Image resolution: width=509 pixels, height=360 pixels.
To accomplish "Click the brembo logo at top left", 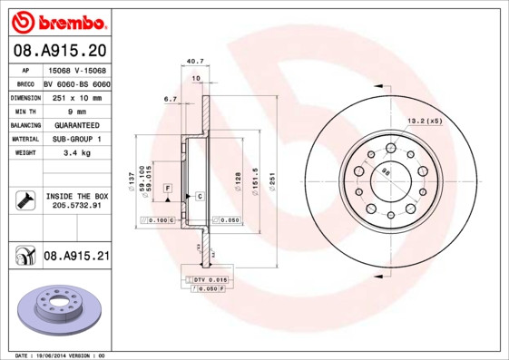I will click(x=59, y=21).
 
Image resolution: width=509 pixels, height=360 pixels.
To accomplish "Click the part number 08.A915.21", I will click(x=76, y=257).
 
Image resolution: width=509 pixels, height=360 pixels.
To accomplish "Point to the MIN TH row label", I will click(x=24, y=110).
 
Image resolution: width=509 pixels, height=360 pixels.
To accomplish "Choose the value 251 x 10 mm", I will click(x=76, y=96).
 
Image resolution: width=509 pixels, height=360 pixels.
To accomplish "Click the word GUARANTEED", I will click(x=76, y=124).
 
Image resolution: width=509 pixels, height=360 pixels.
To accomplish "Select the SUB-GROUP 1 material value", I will click(x=76, y=139).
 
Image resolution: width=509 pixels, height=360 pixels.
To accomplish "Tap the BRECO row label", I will click(x=24, y=82).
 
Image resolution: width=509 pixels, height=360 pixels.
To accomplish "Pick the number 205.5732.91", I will click(x=76, y=206).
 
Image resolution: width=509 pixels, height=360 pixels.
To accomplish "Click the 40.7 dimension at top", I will click(x=193, y=62).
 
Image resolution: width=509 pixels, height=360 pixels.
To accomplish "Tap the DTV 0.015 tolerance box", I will click(x=210, y=280).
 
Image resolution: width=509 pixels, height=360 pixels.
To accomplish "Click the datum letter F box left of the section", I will click(x=168, y=187).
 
